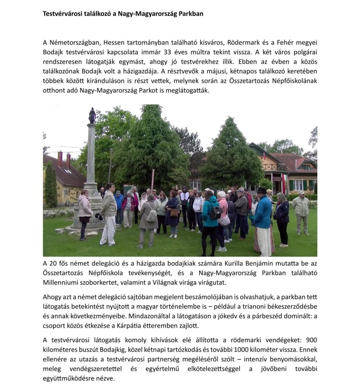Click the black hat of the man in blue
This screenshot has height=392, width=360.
point(261,190)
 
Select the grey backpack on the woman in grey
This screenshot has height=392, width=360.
point(151,216)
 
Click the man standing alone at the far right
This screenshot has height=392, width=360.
point(301,212)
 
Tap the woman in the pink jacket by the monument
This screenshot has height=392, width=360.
point(85,212)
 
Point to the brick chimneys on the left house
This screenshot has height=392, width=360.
point(64,159)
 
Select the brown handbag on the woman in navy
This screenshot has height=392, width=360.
point(174,213)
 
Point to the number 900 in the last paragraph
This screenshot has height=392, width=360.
point(312,341)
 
